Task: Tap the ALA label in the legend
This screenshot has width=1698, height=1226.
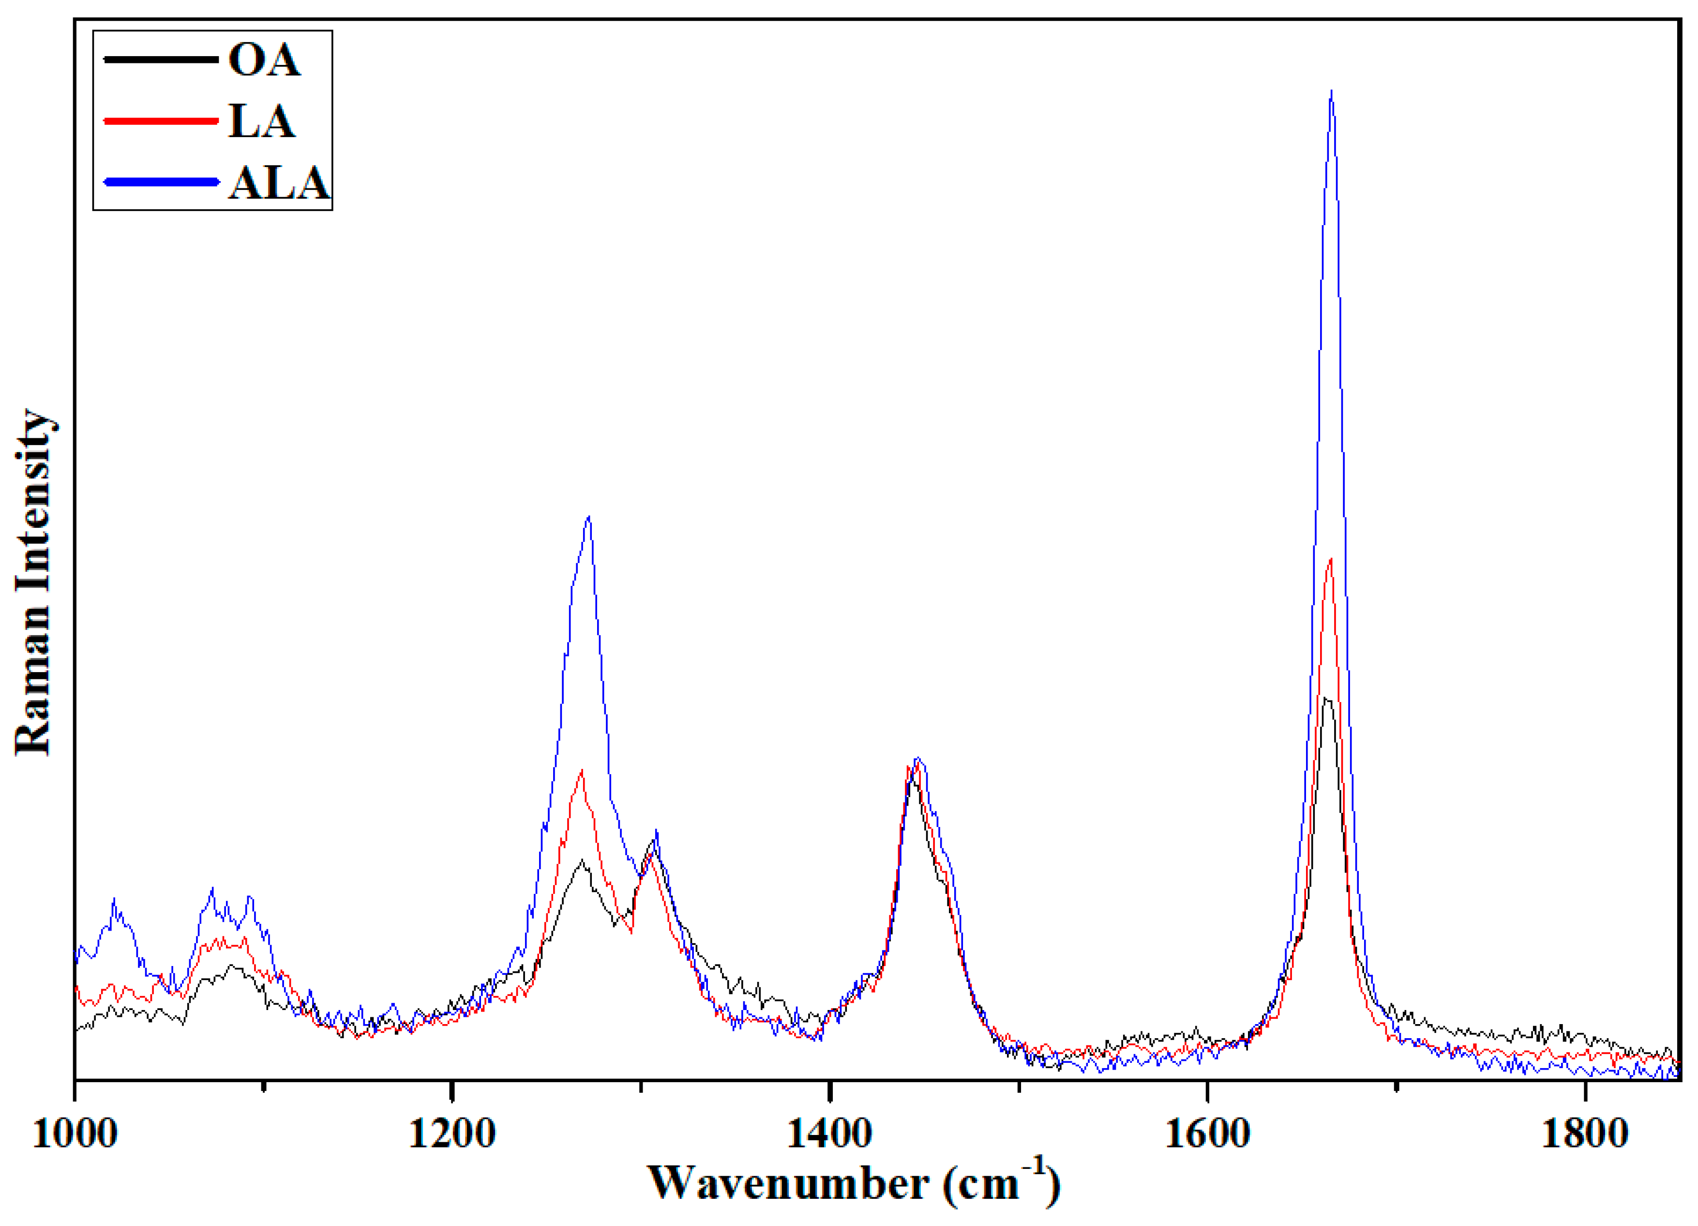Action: tap(279, 183)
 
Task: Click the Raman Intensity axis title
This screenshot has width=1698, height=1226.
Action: tap(34, 582)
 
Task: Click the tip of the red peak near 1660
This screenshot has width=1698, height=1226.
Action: tap(1330, 559)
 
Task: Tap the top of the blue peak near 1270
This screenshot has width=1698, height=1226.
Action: tap(589, 516)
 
